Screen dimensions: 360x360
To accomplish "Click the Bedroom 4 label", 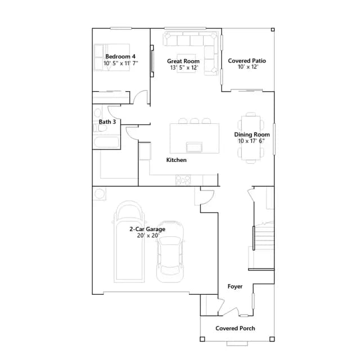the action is pos(120,56).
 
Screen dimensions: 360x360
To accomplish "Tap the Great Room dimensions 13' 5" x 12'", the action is pos(184,67).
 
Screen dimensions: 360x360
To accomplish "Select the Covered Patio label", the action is pos(247,61).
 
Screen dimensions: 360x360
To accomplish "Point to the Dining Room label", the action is pos(252,134).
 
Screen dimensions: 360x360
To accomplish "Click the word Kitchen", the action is pos(176,160).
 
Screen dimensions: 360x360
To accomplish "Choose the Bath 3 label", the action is pos(107,122).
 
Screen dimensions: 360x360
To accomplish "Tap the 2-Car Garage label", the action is pos(147,229).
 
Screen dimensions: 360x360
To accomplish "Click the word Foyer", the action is pos(235,286).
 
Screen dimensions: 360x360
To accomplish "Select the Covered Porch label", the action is pos(235,328).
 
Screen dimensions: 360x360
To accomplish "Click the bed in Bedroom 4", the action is pos(112,57).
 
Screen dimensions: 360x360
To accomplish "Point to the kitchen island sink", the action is pos(194,147).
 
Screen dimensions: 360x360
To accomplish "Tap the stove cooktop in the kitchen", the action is pos(183,180).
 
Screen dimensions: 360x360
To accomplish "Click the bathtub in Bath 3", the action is pos(106,142).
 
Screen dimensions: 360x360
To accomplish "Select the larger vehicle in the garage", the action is pos(129,242).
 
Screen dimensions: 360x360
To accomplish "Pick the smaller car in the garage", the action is pos(170,251).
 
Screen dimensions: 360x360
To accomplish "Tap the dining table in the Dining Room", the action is pos(251,138).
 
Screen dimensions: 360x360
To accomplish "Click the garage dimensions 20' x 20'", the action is pos(148,236).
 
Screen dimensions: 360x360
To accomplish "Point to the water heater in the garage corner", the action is pos(100,194).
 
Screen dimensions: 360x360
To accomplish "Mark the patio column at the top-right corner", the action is pos(273,30).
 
